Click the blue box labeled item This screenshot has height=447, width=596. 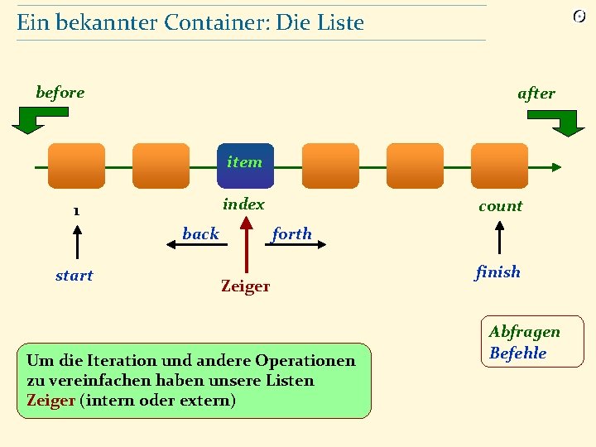[x=245, y=166]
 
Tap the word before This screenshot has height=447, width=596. [x=60, y=92]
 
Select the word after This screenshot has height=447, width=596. [x=536, y=94]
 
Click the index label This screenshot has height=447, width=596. [x=244, y=204]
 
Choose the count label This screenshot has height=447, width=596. [x=501, y=206]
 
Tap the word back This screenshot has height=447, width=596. [x=200, y=233]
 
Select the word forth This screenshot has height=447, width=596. [x=292, y=233]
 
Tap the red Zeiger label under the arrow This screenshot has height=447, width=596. [x=245, y=286]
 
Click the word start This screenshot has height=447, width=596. [x=74, y=276]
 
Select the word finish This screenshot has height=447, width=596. [x=498, y=272]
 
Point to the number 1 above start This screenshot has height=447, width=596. [x=76, y=210]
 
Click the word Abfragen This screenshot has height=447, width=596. [x=524, y=331]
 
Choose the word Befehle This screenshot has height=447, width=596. [x=518, y=353]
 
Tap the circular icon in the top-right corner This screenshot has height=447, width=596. [x=579, y=17]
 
